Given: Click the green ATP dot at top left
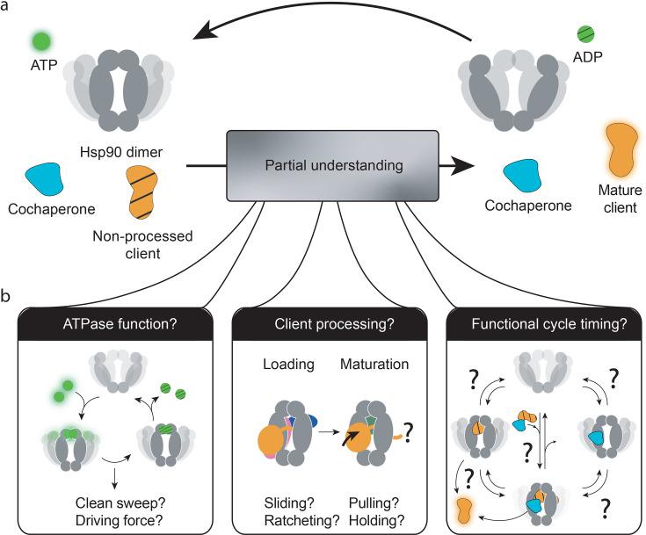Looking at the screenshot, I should [x=39, y=41].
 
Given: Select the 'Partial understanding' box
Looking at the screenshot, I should [x=320, y=163].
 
